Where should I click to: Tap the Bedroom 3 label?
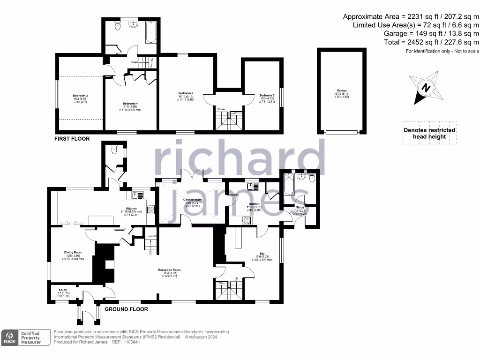coord(267,95)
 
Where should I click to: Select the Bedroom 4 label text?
coord(130,104)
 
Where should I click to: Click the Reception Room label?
coord(169,270)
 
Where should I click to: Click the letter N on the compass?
coord(426,88)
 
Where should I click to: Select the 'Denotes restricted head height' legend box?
coord(429,134)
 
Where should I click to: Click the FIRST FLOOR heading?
coord(72,139)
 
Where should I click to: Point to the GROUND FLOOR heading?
coord(126,309)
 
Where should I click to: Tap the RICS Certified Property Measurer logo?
coord(26,338)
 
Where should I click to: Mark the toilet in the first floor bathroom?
coord(117,27)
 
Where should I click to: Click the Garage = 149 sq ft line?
coord(431,34)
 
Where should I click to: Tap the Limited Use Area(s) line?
coord(416,25)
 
